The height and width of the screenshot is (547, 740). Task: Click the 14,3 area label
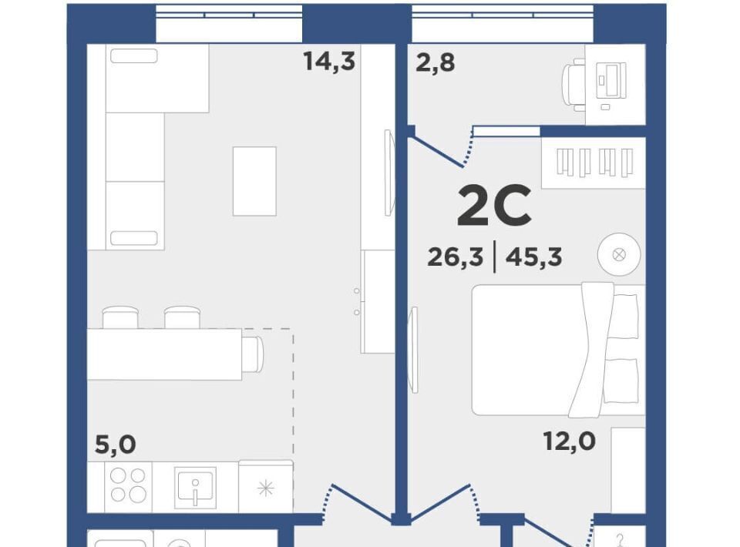(x=329, y=62)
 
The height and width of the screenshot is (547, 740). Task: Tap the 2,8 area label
(x=435, y=62)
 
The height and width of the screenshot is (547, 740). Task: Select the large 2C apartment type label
(x=494, y=206)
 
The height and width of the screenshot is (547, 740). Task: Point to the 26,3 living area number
(x=456, y=257)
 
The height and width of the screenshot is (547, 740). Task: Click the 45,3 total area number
(x=533, y=257)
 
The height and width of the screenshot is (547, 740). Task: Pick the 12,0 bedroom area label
(x=569, y=441)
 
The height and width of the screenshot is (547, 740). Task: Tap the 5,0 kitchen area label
(x=116, y=445)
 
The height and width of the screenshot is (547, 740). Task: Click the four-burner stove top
(x=128, y=485)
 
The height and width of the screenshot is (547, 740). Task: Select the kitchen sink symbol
(x=195, y=488)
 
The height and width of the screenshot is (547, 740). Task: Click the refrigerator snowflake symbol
(x=266, y=488)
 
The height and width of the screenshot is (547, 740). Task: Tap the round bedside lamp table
(x=619, y=255)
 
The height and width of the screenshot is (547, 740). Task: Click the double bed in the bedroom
(x=558, y=350)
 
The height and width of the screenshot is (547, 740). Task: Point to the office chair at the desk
(x=573, y=85)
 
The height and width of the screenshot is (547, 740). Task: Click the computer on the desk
(x=611, y=81)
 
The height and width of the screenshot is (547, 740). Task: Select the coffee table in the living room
(x=254, y=181)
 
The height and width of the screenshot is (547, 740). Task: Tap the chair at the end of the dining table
(x=253, y=354)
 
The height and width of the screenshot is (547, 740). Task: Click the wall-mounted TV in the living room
(x=388, y=173)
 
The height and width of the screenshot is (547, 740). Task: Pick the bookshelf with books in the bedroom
(x=594, y=163)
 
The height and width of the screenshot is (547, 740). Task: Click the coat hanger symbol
(x=620, y=540)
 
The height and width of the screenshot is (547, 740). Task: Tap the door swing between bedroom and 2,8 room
(x=440, y=149)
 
